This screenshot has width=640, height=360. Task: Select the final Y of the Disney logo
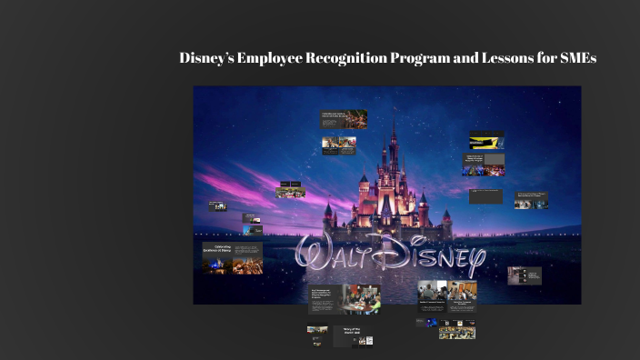tap(473, 261)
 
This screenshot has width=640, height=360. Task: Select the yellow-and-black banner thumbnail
tap(486, 141)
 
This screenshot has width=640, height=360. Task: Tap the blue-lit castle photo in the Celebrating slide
tap(217, 265)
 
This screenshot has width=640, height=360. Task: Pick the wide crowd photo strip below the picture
tap(456, 333)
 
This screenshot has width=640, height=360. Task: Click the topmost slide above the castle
tap(344, 118)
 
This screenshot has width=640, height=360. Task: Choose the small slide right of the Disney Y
tap(525, 275)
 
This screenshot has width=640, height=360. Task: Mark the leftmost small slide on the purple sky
tap(217, 206)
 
